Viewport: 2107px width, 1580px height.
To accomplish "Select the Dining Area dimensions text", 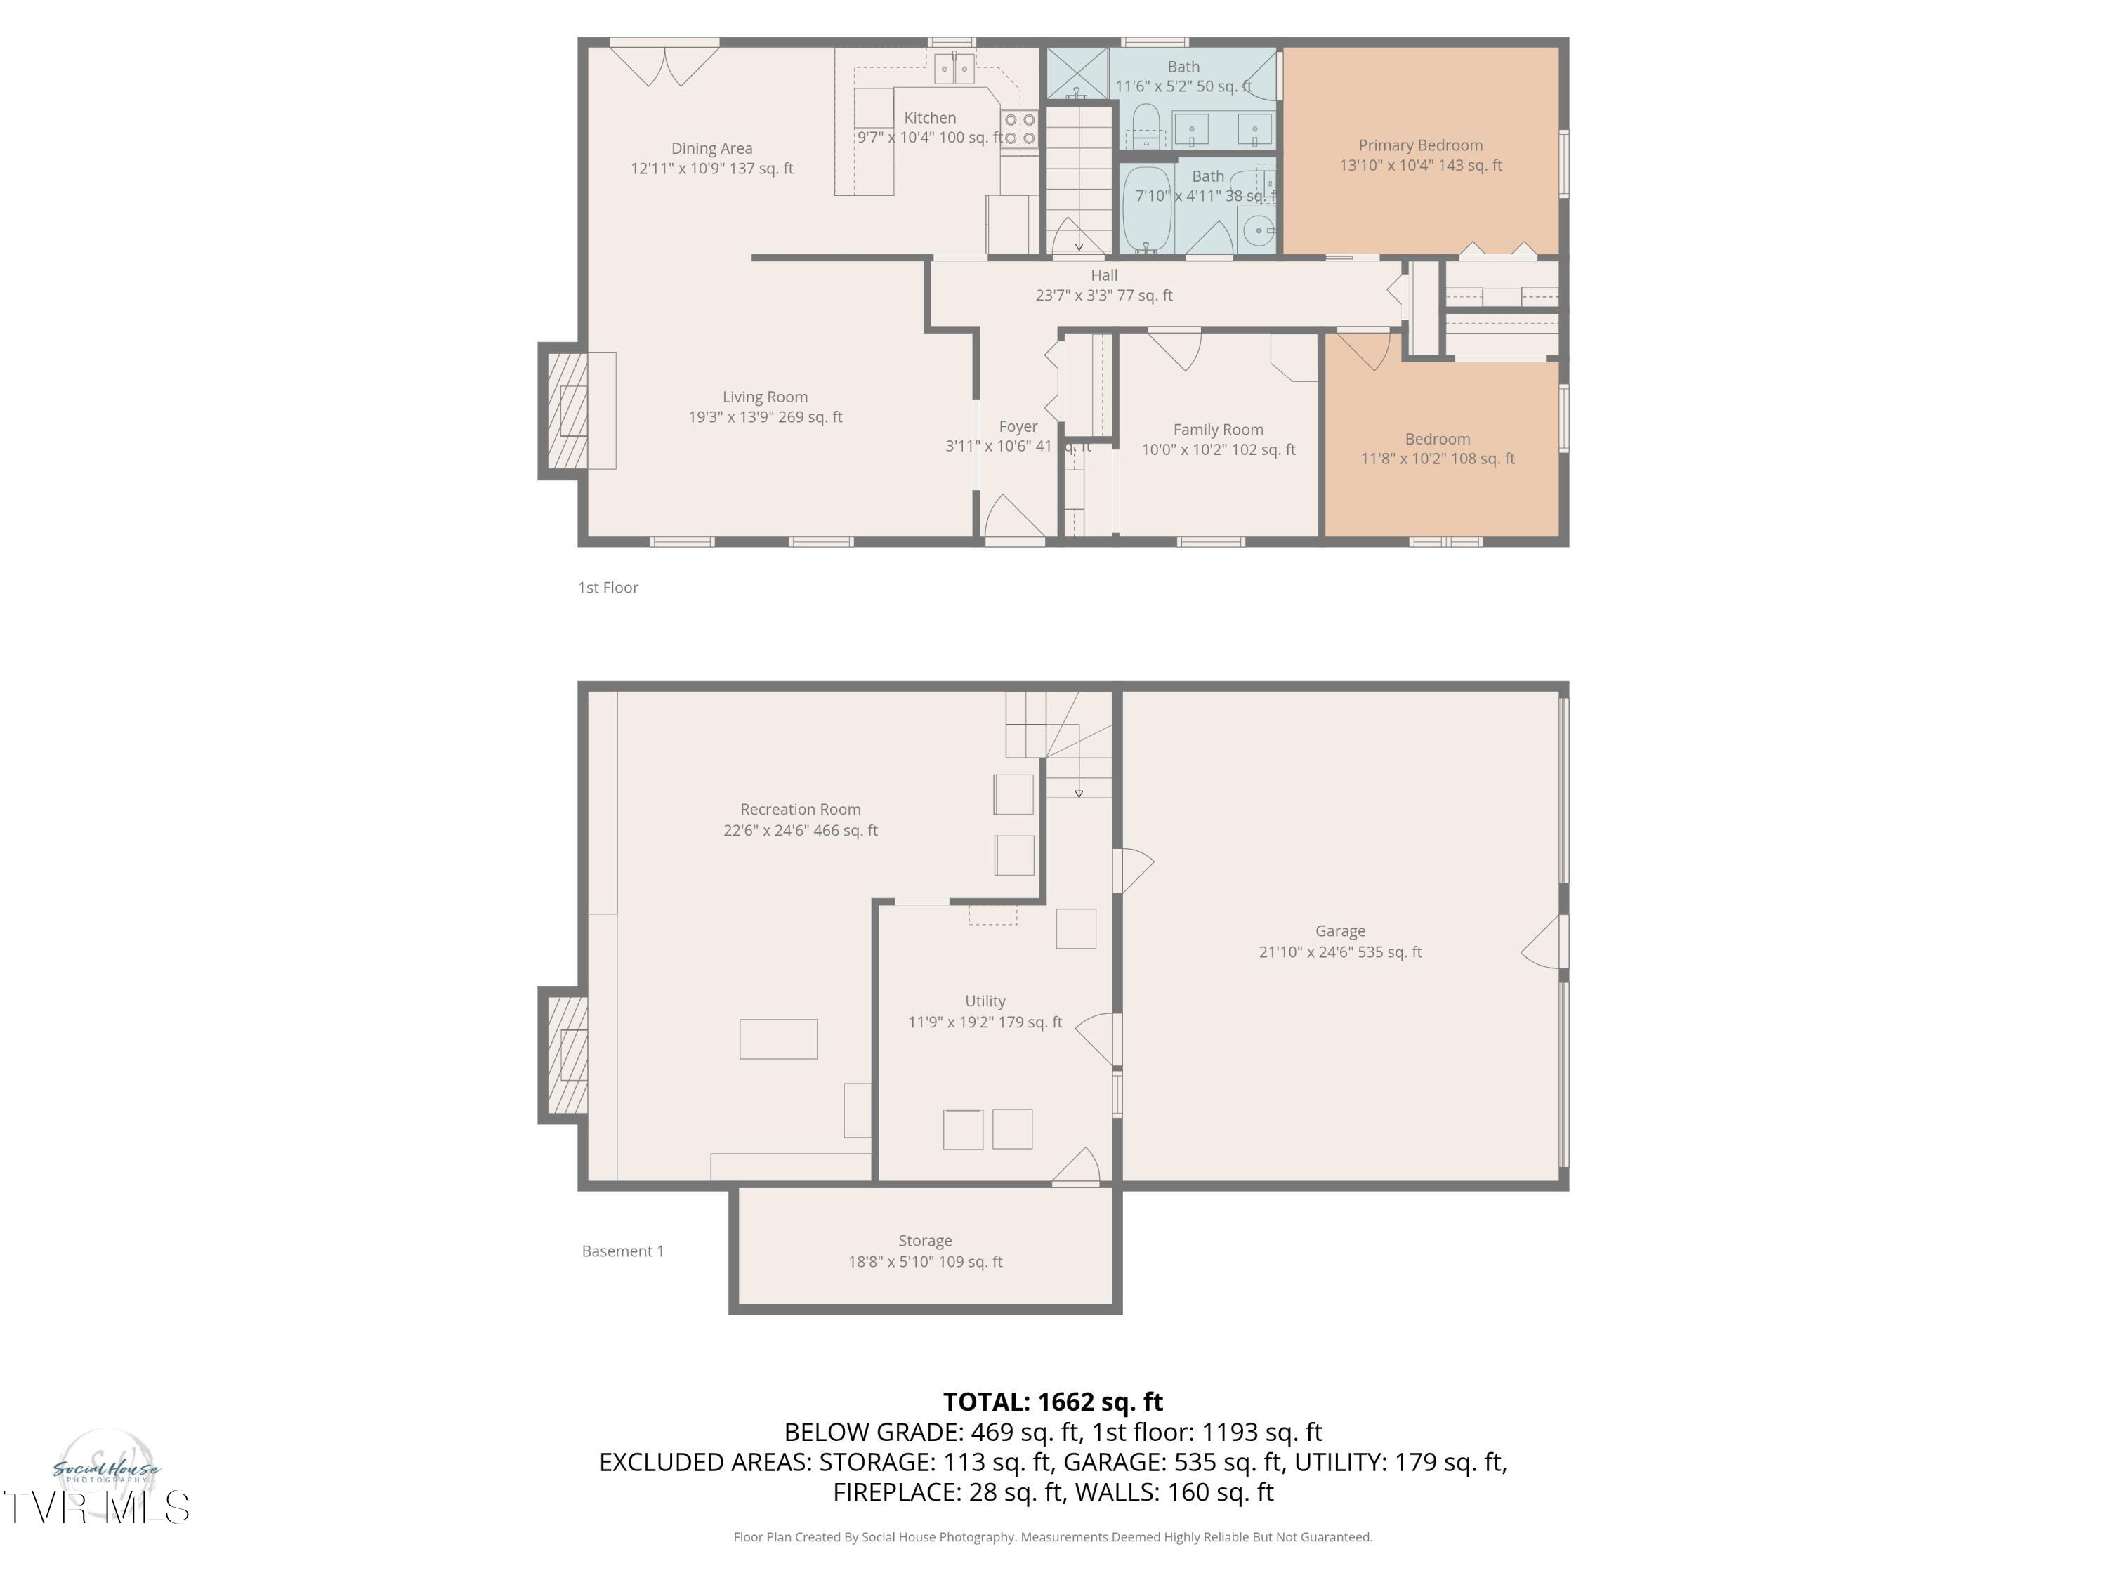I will [x=711, y=169].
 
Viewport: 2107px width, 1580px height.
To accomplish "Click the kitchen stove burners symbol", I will [x=1019, y=129].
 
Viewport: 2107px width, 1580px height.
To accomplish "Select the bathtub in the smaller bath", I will [x=1146, y=208].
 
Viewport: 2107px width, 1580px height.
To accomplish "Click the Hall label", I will [x=1103, y=275].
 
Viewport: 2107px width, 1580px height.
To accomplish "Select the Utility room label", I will [x=984, y=1001].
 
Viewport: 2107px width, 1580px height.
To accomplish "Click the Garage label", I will [x=1339, y=931].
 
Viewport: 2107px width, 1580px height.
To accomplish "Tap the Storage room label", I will [x=924, y=1241].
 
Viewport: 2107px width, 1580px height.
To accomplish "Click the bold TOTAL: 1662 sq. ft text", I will [x=1053, y=1402].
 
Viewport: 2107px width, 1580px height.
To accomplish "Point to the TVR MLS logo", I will [x=96, y=1508].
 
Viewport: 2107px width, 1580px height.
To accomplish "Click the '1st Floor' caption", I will [x=608, y=588].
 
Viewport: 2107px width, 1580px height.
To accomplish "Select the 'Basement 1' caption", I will [x=622, y=1251].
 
